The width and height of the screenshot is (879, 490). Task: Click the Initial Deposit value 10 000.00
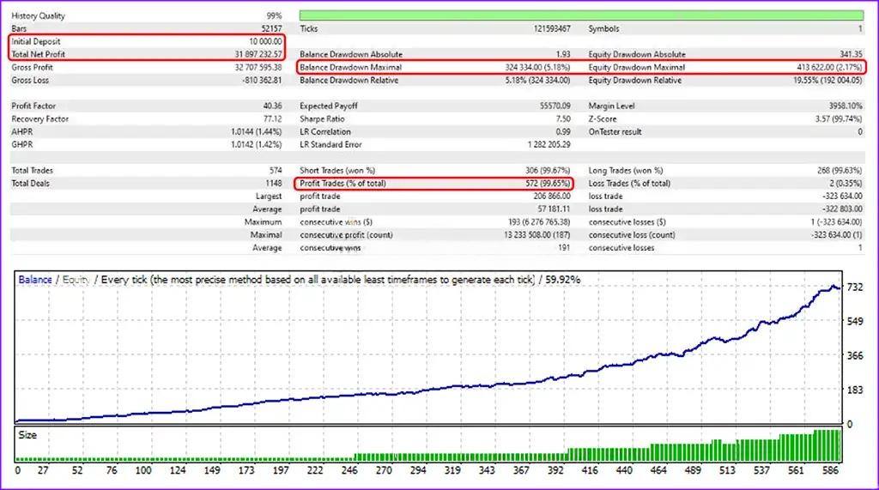tap(261, 41)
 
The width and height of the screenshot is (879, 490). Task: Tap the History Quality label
tap(38, 15)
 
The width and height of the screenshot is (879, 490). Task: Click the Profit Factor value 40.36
tap(271, 106)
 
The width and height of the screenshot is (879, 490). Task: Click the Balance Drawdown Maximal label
tap(350, 67)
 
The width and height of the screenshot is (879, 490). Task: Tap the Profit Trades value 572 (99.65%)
tap(546, 184)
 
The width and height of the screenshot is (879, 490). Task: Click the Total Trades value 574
tap(275, 171)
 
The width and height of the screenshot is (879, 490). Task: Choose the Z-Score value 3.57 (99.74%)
tap(833, 119)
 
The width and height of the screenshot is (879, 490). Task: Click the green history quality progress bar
tap(581, 15)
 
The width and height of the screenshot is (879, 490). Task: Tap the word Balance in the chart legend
tap(35, 280)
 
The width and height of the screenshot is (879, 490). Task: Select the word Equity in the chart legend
tap(76, 280)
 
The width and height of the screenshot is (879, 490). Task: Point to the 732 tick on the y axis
tap(855, 287)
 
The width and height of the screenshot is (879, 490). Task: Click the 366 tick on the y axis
tap(855, 355)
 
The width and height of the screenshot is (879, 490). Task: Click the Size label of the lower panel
tap(27, 435)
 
